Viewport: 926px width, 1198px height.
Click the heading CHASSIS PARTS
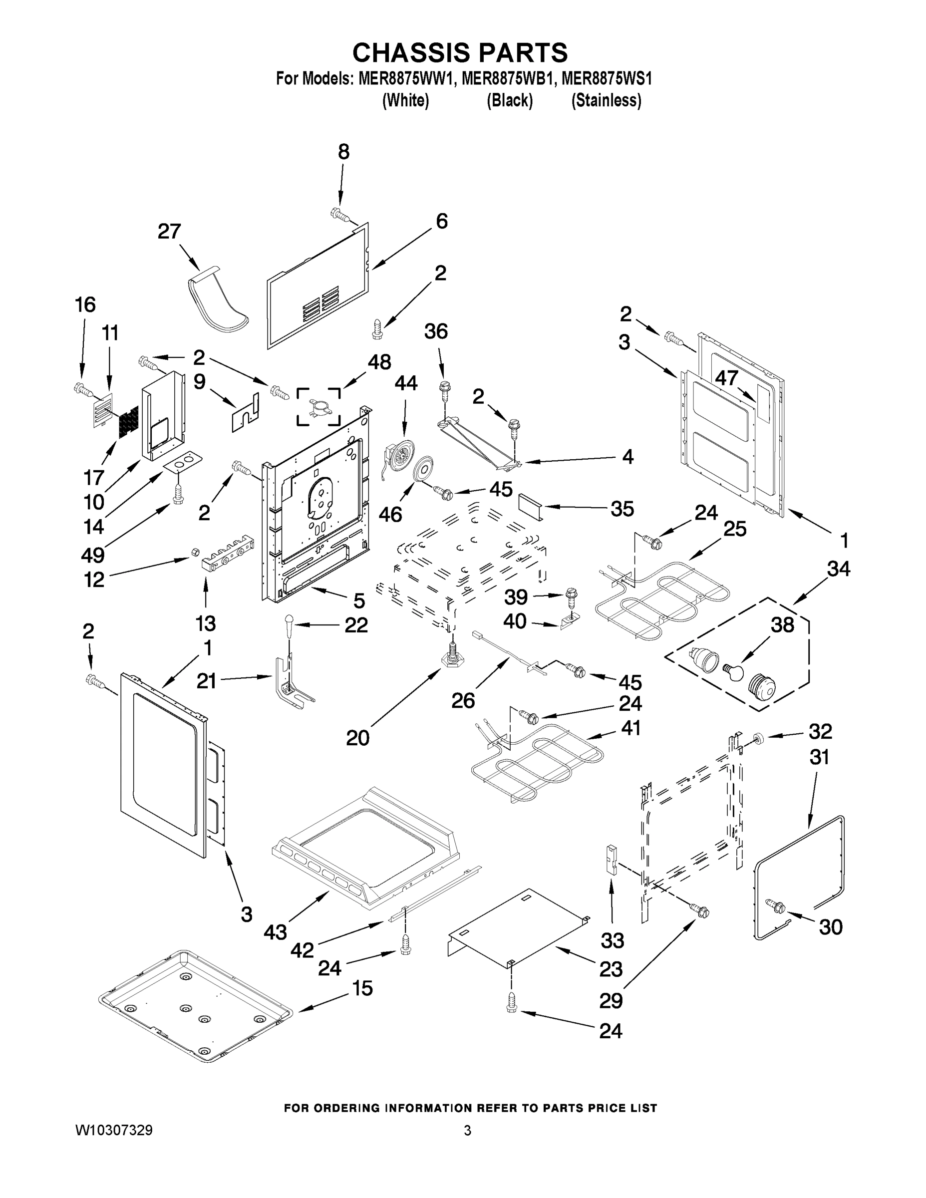coord(460,52)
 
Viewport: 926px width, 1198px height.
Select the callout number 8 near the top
coord(343,152)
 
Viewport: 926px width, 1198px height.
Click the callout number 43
coord(276,931)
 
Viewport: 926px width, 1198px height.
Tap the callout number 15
coord(362,988)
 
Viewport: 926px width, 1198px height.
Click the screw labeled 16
coord(83,390)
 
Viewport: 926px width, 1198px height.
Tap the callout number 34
coord(838,569)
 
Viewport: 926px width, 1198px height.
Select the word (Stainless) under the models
coord(606,101)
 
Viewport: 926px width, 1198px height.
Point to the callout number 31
coord(819,758)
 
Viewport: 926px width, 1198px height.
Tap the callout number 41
coord(630,728)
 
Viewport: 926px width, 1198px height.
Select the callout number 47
coord(726,377)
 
